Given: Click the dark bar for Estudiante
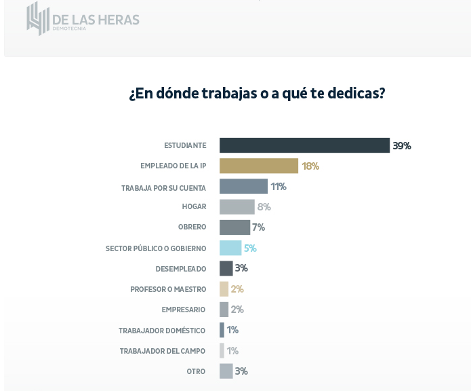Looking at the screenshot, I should [x=304, y=145].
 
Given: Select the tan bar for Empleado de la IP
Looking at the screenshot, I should [x=259, y=166].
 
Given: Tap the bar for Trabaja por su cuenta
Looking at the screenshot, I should [x=243, y=187].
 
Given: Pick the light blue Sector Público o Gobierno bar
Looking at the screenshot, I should [x=230, y=248].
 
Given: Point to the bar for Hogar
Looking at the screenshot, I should [x=237, y=207].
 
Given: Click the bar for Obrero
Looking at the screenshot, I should [x=234, y=227].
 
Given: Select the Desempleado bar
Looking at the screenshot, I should [x=226, y=268].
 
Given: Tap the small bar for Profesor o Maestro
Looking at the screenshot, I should [x=224, y=289].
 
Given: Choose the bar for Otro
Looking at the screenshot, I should [x=226, y=371].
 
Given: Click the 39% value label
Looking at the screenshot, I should [x=402, y=145].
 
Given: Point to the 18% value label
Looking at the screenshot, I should [x=310, y=166].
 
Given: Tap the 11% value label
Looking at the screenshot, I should [x=279, y=187].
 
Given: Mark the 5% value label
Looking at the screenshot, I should [x=250, y=248].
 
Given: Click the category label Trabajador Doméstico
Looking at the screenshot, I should [x=162, y=331].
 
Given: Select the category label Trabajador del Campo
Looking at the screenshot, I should [x=163, y=351].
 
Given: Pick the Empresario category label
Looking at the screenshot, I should [x=184, y=310].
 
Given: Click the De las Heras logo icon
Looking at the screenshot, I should [x=38, y=18].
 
